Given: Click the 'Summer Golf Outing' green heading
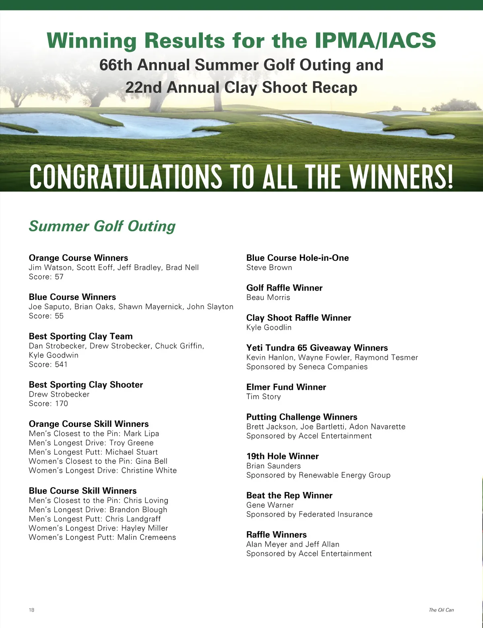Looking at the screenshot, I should [x=102, y=226].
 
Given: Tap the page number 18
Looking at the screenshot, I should [x=31, y=610].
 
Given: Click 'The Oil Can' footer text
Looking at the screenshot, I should [x=441, y=610].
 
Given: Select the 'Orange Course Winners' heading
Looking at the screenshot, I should [x=78, y=258].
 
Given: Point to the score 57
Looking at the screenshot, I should [x=59, y=277].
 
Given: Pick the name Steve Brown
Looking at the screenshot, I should [x=269, y=268].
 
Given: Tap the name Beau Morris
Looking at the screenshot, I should [x=268, y=297].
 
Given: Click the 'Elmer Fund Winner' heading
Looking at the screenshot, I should [x=286, y=387].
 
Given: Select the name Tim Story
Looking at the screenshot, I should [x=264, y=397].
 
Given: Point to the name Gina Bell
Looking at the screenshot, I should [x=151, y=461].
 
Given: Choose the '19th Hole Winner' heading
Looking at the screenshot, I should [x=283, y=456].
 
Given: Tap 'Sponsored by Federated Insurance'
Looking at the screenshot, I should [x=310, y=514].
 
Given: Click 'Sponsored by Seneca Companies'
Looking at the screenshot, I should [x=307, y=367].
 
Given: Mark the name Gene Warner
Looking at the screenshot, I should [x=270, y=505].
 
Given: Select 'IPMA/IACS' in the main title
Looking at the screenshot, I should [x=375, y=40].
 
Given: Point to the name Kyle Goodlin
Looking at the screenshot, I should [x=269, y=327].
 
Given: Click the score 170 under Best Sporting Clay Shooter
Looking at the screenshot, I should [x=61, y=403].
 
